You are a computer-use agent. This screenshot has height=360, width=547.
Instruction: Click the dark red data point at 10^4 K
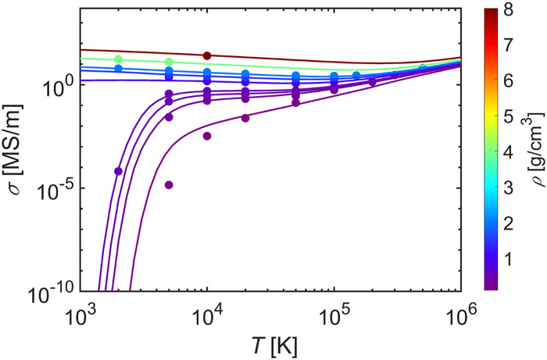(x=207, y=55)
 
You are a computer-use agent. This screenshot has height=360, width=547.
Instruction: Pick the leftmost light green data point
(x=119, y=59)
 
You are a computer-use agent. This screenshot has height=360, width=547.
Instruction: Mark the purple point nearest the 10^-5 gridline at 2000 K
(x=119, y=171)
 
